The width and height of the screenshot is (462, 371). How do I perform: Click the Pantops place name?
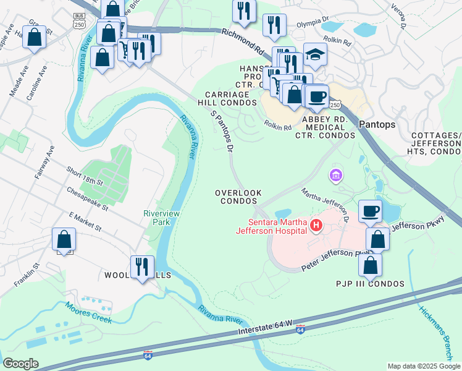377,124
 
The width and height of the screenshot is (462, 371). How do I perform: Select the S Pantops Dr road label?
222,130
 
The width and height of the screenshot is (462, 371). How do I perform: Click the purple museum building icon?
336,177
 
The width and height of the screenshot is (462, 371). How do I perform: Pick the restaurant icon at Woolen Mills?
143,266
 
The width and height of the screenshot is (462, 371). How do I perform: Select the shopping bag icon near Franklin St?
64,239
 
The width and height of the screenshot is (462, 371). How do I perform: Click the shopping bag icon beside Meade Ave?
35,36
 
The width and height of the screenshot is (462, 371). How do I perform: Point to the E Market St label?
85,221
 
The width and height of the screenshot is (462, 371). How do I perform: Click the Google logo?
21,364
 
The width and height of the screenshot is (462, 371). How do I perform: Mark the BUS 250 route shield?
79,20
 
